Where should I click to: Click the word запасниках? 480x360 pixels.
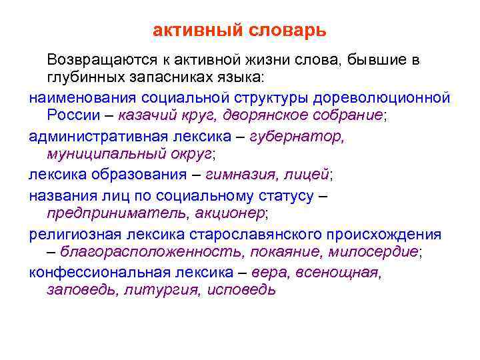[x=173, y=79]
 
